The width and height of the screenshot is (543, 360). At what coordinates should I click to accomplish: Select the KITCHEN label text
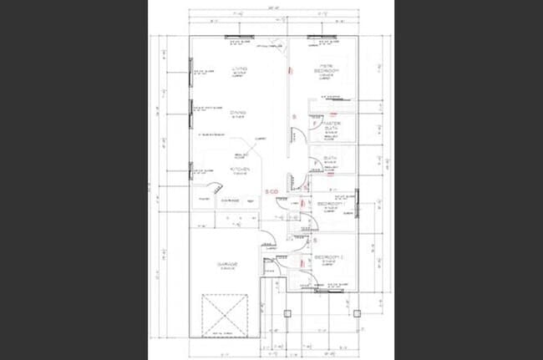[240, 169]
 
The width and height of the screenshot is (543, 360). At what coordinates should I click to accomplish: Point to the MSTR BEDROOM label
[323, 70]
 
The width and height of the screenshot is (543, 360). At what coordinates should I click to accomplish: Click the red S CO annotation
[272, 191]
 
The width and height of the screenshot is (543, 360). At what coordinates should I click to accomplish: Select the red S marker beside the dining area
[293, 114]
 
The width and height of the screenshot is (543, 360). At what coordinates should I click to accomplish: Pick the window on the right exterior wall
[358, 200]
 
